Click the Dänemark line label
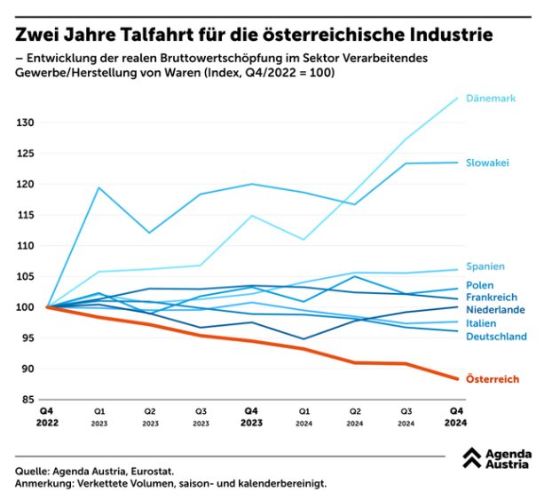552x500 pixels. pyautogui.click(x=491, y=99)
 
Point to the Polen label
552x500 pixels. pyautogui.click(x=481, y=285)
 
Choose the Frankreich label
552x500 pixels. pyautogui.click(x=491, y=297)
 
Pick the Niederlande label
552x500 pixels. pyautogui.click(x=495, y=309)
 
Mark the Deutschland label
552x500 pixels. pyautogui.click(x=496, y=337)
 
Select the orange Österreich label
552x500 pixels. pyautogui.click(x=493, y=379)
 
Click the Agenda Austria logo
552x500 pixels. pyautogui.click(x=497, y=458)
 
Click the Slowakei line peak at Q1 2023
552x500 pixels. pyautogui.click(x=98, y=187)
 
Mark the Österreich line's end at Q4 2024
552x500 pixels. pyautogui.click(x=458, y=379)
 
